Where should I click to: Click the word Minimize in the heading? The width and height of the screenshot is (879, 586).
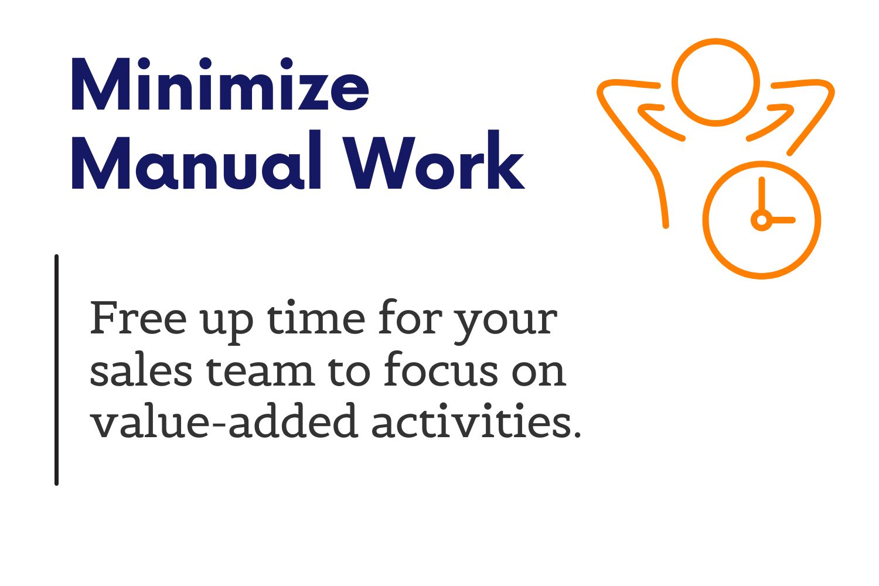220,84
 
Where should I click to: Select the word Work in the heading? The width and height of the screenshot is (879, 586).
434,160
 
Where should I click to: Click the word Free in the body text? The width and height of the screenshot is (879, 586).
138,318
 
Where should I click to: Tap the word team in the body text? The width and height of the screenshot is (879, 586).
260,371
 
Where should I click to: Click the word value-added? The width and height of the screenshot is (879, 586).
224,420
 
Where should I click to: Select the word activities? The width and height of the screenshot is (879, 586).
471,420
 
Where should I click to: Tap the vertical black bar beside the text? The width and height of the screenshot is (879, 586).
56,370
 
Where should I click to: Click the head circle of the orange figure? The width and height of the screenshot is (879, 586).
716,41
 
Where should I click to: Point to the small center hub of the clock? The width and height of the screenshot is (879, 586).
762,220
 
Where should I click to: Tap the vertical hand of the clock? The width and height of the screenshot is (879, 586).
762,195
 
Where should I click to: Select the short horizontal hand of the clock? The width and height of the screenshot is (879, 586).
783,220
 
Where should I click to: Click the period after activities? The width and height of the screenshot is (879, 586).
576,433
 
